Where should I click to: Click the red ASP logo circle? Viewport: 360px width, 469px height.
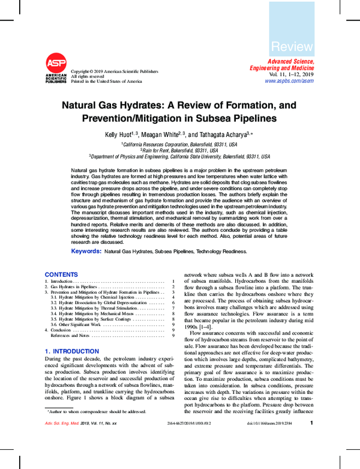[x=56, y=63]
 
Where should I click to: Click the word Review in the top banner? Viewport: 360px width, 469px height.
[x=292, y=47]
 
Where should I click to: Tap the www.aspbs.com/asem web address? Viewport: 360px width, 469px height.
[x=289, y=80]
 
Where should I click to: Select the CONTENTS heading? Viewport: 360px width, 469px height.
[x=61, y=274]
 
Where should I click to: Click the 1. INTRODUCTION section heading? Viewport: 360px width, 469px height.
[x=72, y=351]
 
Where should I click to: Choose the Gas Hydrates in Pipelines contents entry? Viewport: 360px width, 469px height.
[x=70, y=287]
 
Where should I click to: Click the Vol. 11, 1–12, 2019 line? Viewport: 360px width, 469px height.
[x=290, y=74]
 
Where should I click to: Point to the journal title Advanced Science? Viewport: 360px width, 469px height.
[x=290, y=62]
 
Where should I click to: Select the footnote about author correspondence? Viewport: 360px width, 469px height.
[x=97, y=428]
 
